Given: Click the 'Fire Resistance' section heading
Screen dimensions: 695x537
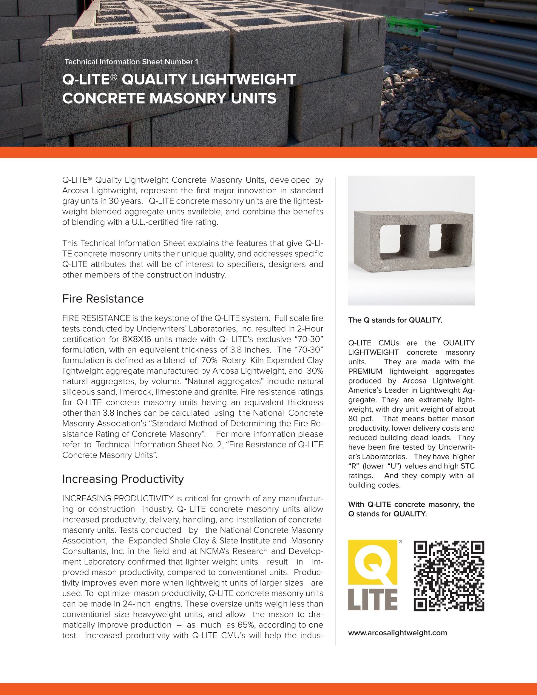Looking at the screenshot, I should coord(103,299).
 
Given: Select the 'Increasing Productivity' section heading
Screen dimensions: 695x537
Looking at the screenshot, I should coord(123,479).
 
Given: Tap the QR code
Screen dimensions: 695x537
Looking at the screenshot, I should coord(449,576).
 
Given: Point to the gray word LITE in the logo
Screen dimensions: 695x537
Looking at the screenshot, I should coord(373,600).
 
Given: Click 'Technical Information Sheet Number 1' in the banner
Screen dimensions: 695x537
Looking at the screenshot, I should coord(131,62).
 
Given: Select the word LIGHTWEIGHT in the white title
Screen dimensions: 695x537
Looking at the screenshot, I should coord(244,79).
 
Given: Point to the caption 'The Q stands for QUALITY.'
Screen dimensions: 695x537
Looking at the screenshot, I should coord(395,320).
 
